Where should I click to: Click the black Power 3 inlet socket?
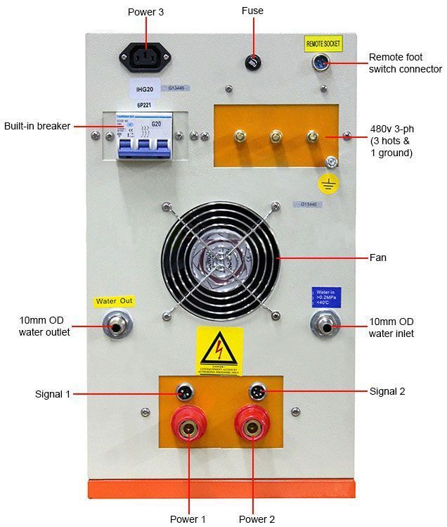point(145,56)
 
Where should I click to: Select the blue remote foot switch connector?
point(322,63)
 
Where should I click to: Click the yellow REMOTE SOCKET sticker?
point(323,44)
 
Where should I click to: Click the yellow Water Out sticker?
point(115,301)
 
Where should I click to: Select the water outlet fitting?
point(113,326)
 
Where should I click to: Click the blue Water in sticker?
point(324,296)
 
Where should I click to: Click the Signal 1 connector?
point(183,391)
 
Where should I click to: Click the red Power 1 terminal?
point(188,428)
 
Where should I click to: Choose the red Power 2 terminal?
point(253,428)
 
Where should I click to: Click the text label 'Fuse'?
point(252,11)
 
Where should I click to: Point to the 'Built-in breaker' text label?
point(37,126)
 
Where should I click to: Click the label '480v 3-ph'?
point(393,129)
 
